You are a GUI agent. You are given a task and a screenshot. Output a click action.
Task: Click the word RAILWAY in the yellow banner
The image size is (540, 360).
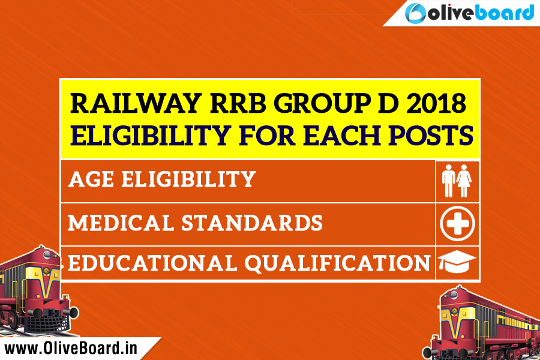(x=136, y=103)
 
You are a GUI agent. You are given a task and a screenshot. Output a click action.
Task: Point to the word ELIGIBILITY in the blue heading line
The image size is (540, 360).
(x=151, y=135)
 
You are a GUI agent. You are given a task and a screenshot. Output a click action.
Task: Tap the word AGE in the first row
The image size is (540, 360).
(x=91, y=179)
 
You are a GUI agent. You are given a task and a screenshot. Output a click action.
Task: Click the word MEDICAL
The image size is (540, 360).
(x=121, y=223)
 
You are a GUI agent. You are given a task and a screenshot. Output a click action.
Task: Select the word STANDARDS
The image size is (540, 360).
(x=252, y=223)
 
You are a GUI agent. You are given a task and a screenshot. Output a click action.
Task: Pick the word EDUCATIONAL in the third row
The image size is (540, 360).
(x=152, y=263)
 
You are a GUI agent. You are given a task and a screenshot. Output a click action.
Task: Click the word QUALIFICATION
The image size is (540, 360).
(x=337, y=264)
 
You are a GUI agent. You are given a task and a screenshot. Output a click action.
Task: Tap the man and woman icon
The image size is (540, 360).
(x=457, y=181)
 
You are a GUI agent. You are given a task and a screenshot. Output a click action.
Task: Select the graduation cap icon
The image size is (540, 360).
(x=457, y=262)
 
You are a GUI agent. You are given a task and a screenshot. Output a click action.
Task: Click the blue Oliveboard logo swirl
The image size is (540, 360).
(x=415, y=13)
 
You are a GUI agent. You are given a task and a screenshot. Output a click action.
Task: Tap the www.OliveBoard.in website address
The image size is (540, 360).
(x=71, y=348)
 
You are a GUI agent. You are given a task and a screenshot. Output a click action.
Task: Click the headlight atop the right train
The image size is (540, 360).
(x=454, y=295)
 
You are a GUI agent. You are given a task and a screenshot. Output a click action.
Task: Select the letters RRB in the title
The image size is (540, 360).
(x=238, y=103)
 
